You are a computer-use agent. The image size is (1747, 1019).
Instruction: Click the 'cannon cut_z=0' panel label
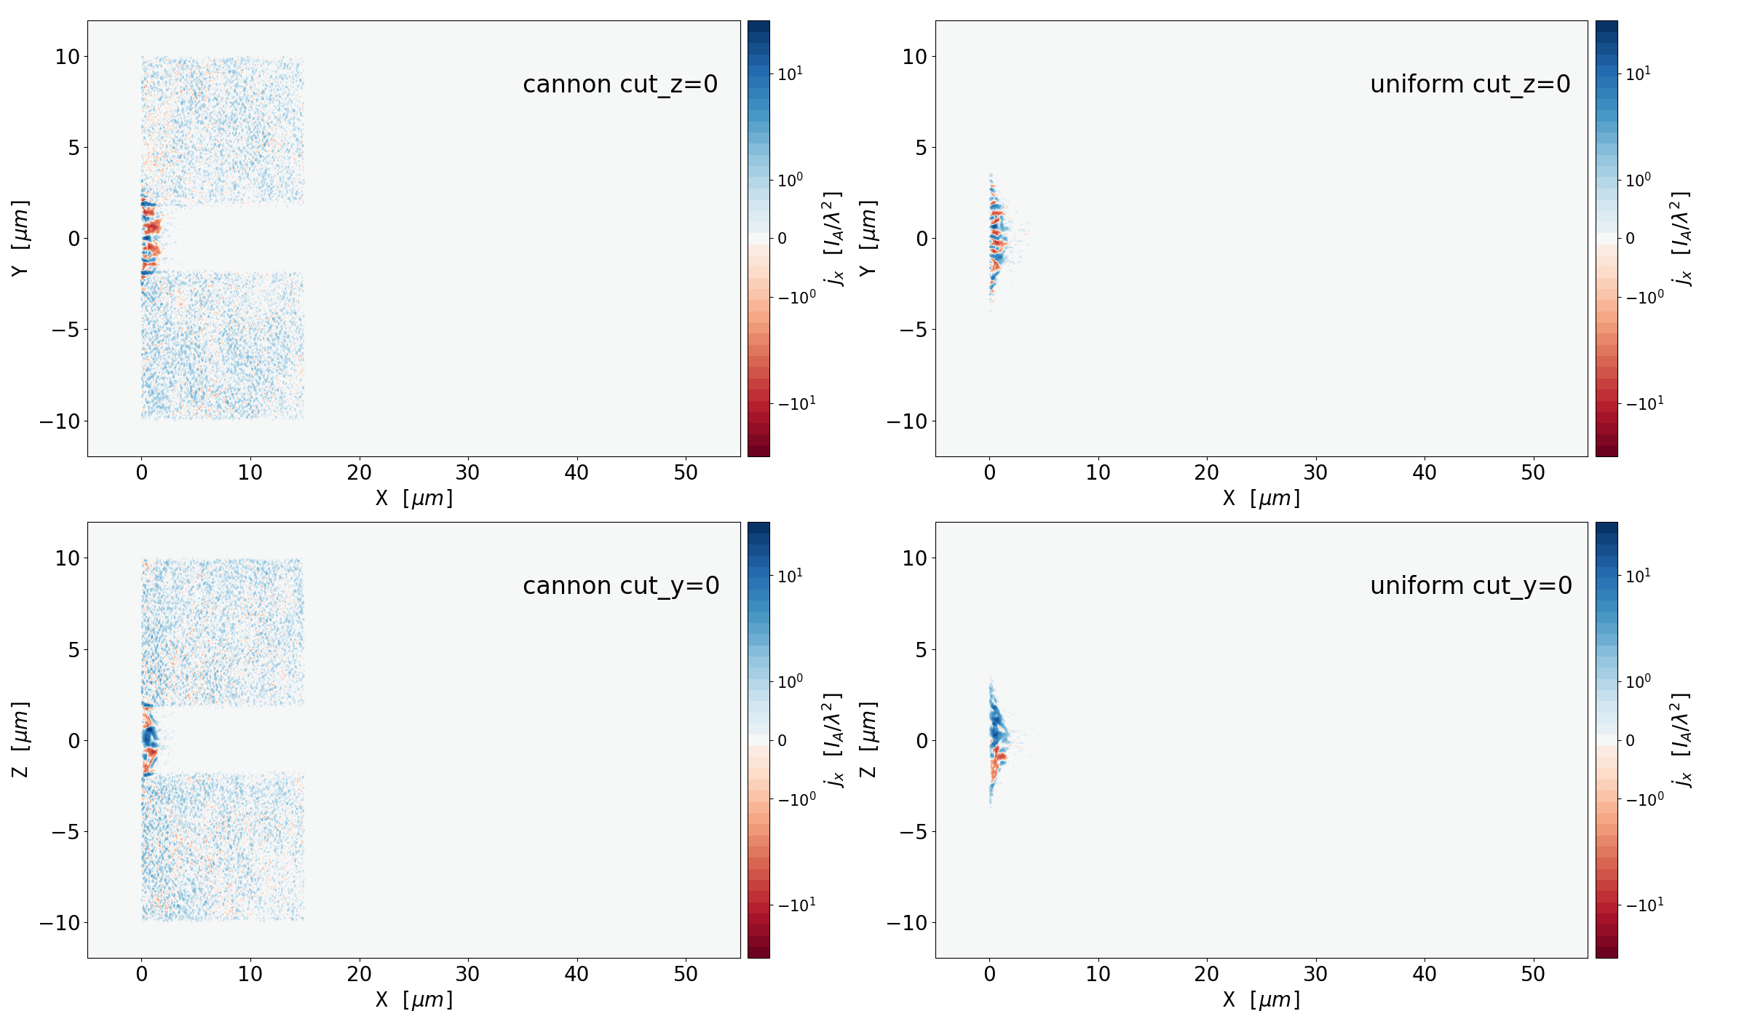click(x=620, y=84)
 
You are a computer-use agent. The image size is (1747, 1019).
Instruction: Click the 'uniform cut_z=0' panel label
click(x=1470, y=84)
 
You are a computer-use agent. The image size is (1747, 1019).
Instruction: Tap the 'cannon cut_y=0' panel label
click(x=621, y=586)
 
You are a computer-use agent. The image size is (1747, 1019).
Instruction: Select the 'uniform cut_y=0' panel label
click(x=1470, y=586)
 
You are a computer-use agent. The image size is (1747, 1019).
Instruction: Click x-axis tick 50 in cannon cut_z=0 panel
click(x=686, y=473)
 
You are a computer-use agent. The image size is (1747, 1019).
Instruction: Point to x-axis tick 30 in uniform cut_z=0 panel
click(x=1315, y=473)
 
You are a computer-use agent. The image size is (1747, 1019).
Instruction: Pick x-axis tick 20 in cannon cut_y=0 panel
click(x=359, y=975)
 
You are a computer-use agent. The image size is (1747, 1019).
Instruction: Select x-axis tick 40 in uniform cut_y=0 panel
click(x=1425, y=975)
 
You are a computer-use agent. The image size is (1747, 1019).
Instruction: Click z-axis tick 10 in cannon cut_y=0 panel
click(x=67, y=558)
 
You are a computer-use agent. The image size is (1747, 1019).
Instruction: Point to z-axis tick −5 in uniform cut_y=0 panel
click(x=912, y=832)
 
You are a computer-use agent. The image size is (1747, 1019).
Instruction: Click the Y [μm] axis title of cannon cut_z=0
click(x=20, y=239)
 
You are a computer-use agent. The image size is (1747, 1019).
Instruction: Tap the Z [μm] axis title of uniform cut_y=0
click(x=868, y=740)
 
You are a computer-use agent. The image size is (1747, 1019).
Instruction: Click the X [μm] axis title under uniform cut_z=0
click(x=1261, y=499)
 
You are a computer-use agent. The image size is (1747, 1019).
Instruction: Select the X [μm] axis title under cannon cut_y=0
click(x=413, y=1000)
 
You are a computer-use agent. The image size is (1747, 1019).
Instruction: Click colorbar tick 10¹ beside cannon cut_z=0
click(x=790, y=74)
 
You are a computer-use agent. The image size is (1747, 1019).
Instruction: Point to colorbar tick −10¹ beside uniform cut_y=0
click(x=1644, y=905)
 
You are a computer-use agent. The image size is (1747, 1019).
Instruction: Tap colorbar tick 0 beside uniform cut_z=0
click(x=1630, y=239)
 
